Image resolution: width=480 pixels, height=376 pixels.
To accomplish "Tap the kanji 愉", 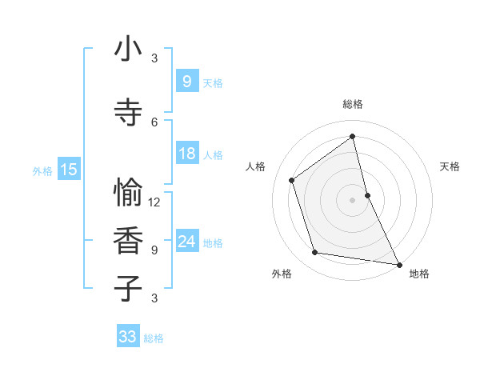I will [x=128, y=193].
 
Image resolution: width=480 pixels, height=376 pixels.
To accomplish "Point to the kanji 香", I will [x=128, y=241].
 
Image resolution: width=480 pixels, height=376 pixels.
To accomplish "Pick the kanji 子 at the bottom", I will [x=128, y=288].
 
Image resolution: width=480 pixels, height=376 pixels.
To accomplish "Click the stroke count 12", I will [x=154, y=202].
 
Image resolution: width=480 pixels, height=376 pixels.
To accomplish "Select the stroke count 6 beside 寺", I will [x=154, y=122].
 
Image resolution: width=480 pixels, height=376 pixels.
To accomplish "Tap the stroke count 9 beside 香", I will [x=154, y=250].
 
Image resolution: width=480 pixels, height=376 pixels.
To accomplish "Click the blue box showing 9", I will [x=186, y=81].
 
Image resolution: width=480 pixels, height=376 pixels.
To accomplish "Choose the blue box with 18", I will [x=186, y=154].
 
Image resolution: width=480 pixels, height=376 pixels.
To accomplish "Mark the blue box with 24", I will [x=186, y=241].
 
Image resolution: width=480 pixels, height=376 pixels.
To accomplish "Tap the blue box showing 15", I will [x=69, y=169].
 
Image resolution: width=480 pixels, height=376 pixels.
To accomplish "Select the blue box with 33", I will [x=127, y=337].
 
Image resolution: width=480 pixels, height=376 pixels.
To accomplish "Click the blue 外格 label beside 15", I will [x=42, y=170].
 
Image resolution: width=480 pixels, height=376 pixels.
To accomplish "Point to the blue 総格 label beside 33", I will [x=154, y=338].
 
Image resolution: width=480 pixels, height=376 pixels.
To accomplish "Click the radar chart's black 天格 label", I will [x=450, y=166].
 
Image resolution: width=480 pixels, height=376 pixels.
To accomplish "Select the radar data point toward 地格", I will [x=398, y=264].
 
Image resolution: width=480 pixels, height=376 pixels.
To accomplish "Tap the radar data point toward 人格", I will [x=291, y=180].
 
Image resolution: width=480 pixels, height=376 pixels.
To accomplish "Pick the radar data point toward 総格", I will [x=352, y=136].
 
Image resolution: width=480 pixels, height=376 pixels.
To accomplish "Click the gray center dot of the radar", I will [x=352, y=200].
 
